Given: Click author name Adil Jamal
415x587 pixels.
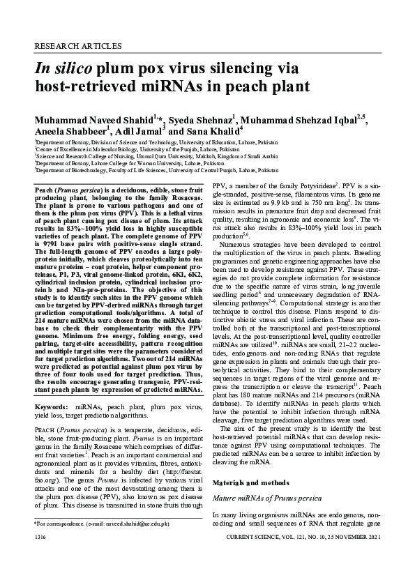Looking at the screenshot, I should click(x=137, y=131).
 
